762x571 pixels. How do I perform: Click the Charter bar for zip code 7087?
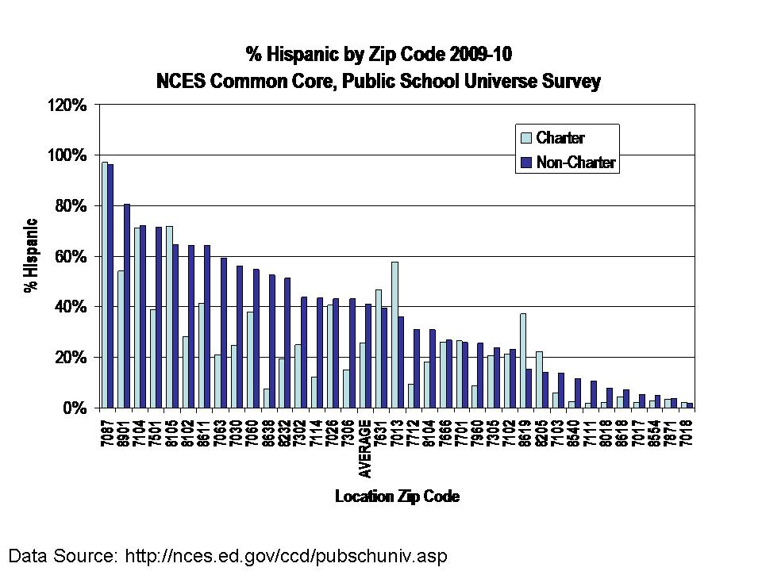[104, 285]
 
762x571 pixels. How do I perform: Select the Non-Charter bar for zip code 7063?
[224, 332]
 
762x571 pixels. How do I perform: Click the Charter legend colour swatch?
[525, 138]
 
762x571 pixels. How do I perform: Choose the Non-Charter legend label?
[576, 163]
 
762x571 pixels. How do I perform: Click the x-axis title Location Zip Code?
[397, 497]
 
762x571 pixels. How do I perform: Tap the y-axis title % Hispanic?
[30, 255]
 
